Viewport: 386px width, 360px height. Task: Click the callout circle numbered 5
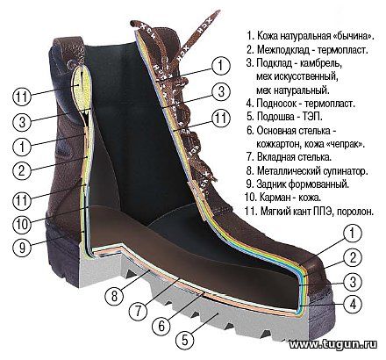(184, 340)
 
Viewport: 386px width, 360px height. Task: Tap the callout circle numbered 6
(161, 326)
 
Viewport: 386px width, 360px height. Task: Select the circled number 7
(139, 312)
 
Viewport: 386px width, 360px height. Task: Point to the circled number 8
(114, 296)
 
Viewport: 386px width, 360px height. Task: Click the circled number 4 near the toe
(353, 305)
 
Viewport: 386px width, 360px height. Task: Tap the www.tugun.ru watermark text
(332, 344)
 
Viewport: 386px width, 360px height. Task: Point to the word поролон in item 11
(355, 211)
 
